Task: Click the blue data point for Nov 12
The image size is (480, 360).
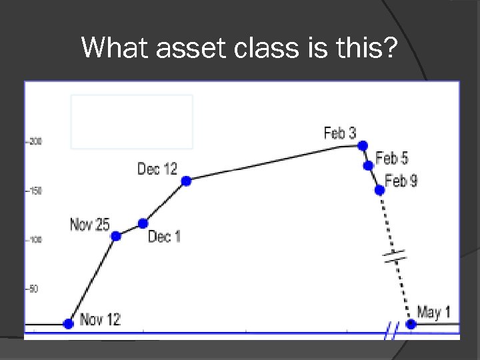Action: click(68, 324)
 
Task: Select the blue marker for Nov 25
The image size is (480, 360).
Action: click(115, 236)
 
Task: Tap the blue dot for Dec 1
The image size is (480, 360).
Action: click(143, 223)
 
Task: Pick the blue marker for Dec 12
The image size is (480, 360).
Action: click(186, 181)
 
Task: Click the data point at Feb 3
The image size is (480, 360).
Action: click(363, 145)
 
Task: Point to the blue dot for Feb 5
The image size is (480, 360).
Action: click(368, 165)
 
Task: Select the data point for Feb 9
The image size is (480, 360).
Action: click(379, 190)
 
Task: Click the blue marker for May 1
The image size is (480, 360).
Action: click(411, 324)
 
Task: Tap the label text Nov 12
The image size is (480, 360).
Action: click(100, 319)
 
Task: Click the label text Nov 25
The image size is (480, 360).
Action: click(89, 225)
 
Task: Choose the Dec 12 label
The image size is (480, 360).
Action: click(157, 169)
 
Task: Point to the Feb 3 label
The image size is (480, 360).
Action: click(340, 133)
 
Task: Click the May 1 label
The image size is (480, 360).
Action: click(434, 311)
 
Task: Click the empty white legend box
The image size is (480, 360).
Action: click(131, 121)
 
